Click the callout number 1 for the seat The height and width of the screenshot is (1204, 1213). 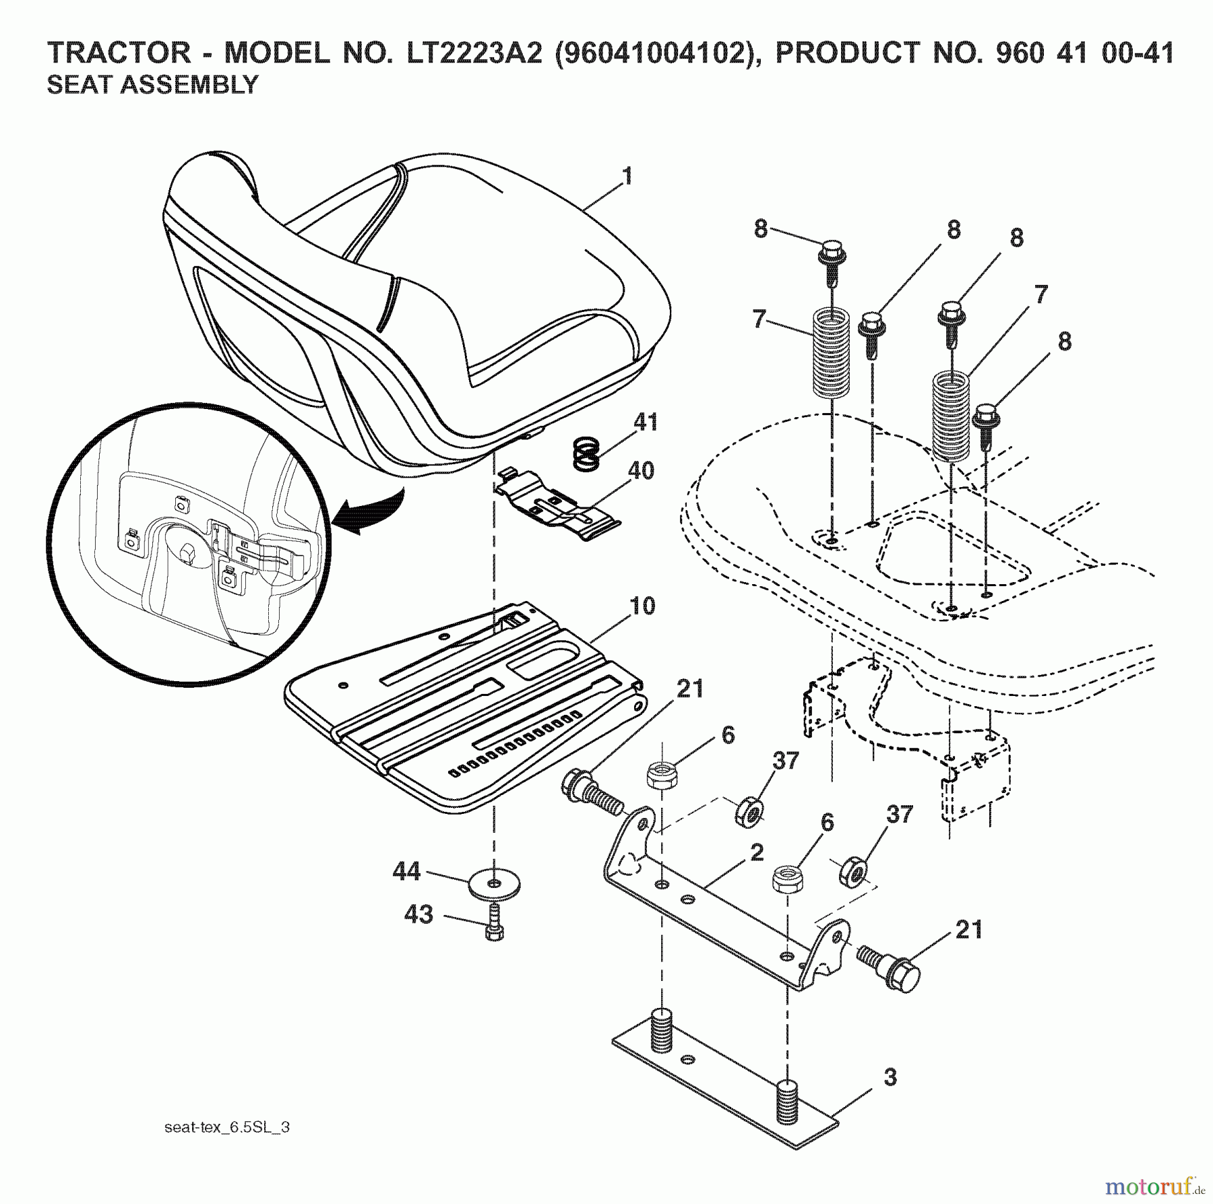tap(627, 177)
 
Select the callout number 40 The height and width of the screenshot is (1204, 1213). tap(640, 470)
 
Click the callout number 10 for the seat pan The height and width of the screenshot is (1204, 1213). tap(642, 606)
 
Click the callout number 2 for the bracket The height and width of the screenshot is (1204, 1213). tap(757, 852)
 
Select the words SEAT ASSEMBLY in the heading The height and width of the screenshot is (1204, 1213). tap(152, 85)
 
